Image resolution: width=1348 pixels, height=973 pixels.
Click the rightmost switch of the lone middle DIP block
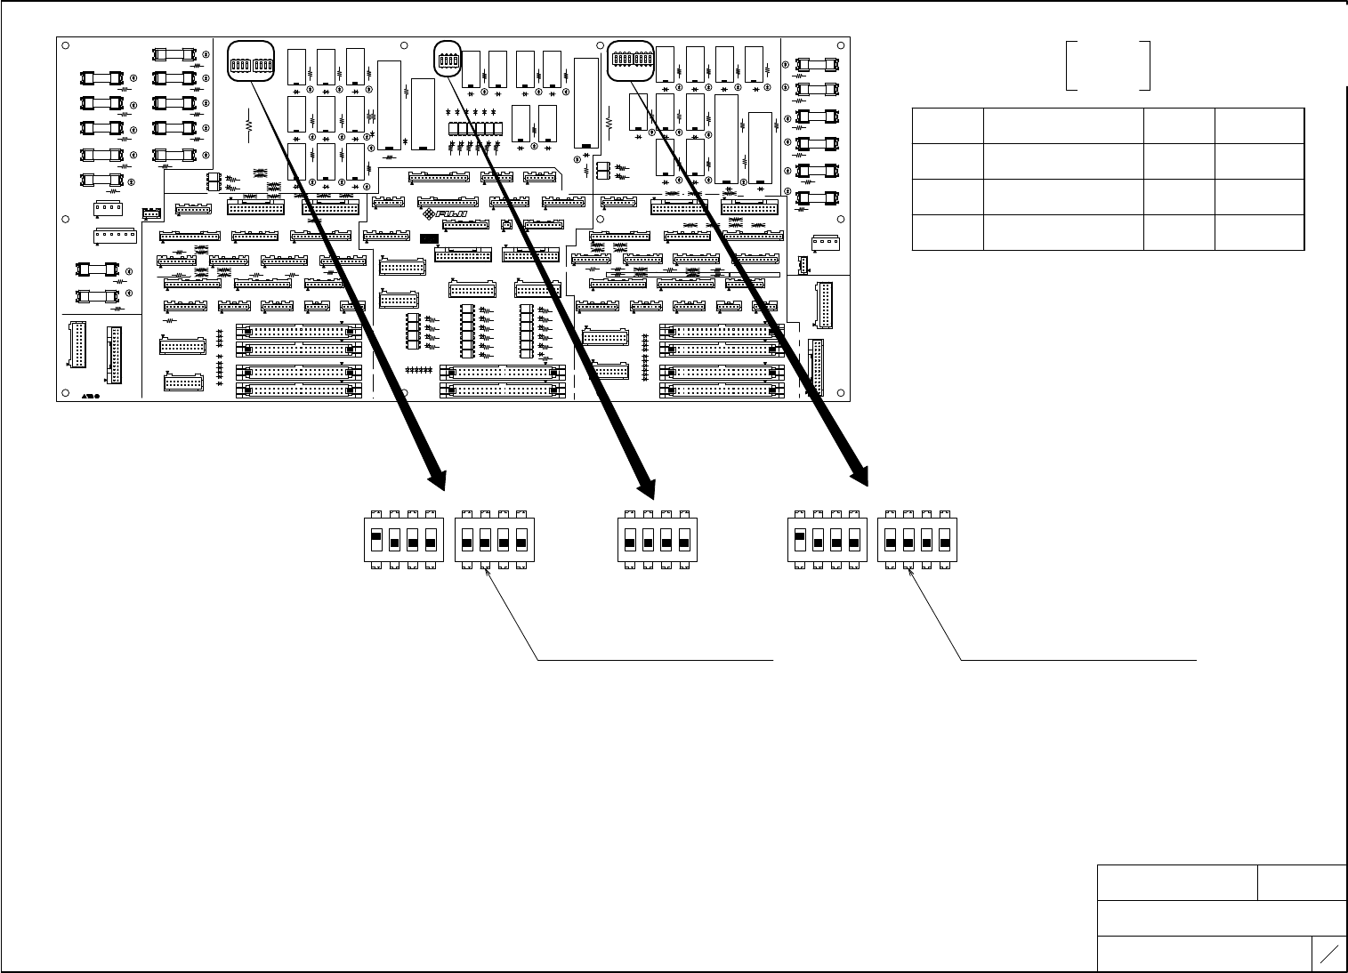click(x=684, y=540)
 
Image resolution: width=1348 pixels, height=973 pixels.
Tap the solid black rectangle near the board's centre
click(x=430, y=238)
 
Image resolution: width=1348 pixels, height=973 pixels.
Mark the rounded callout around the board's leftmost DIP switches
click(x=251, y=61)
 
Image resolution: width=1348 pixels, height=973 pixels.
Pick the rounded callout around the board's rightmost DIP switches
click(x=631, y=60)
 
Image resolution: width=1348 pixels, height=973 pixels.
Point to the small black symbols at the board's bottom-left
click(x=91, y=393)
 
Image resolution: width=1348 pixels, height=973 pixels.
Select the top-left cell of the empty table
click(x=948, y=125)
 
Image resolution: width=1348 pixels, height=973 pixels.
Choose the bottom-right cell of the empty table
click(x=1260, y=232)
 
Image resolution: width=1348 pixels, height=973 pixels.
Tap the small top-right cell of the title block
click(x=1302, y=882)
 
